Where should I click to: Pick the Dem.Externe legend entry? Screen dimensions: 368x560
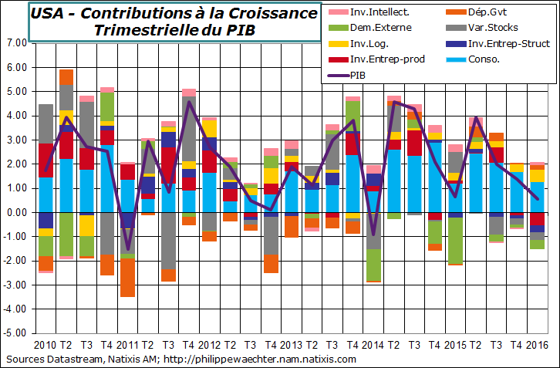click(380, 27)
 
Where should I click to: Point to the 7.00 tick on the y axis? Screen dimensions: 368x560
click(15, 43)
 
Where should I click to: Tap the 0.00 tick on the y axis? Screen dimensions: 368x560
click(15, 212)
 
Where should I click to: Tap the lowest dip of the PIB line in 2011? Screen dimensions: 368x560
click(128, 249)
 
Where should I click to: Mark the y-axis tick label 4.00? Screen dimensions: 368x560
click(15, 116)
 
